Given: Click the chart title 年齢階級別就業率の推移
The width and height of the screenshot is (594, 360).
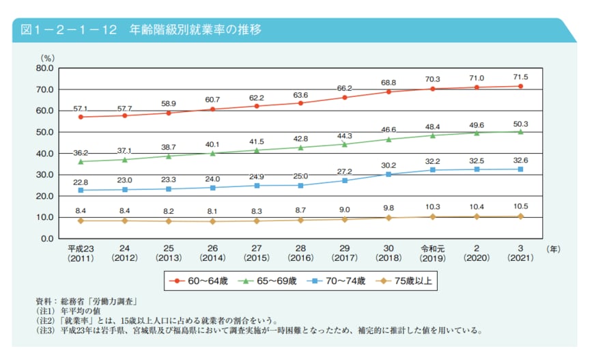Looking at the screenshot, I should coord(195,31).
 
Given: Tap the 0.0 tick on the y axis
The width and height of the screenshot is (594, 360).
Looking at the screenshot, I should coord(46,238).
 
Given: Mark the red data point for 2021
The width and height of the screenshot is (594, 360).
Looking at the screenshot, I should coord(520,86).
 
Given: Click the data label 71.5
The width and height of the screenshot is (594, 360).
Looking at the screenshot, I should coord(520,77).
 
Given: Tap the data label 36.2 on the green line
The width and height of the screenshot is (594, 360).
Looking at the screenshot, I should coord(81,154).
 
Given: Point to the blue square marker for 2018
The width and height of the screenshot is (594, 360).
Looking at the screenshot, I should coord(388,174).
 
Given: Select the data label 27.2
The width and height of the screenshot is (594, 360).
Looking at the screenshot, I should coord(345,171).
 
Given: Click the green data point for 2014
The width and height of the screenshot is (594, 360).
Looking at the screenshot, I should coord(213,153).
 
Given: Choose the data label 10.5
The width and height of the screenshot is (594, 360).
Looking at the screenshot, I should coord(520,206).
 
